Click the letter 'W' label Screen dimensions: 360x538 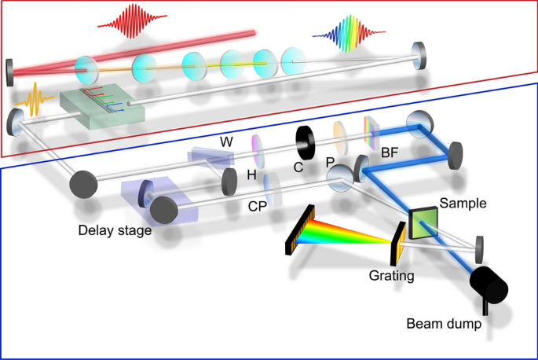[x=225, y=141]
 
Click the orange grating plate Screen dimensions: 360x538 [x=398, y=241]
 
